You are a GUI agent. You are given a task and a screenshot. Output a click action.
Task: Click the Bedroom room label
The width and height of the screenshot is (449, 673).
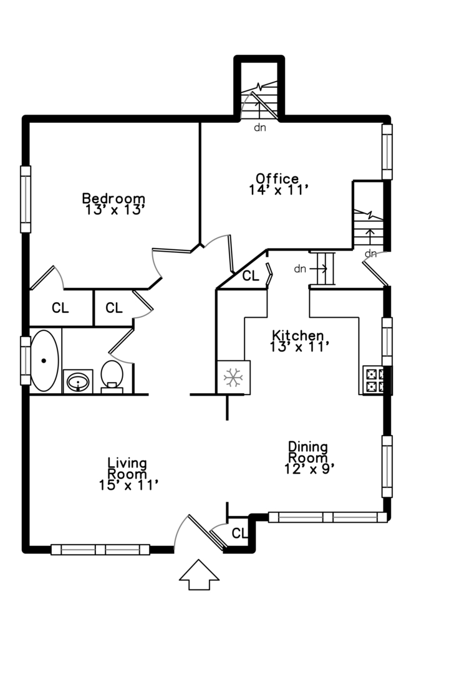pos(114,199)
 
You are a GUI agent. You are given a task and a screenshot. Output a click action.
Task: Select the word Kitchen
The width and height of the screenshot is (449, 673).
pos(298,335)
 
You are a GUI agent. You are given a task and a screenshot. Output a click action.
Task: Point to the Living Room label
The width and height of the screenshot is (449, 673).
pos(127,469)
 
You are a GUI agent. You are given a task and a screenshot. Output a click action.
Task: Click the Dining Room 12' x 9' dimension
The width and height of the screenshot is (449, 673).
pos(309,469)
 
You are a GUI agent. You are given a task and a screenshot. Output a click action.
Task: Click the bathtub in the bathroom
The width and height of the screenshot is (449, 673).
pos(44,361)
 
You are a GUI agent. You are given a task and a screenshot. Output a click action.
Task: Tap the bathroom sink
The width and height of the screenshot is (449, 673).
pos(78,381)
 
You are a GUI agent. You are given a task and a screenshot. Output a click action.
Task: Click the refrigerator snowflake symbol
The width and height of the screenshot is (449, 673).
pos(233,378)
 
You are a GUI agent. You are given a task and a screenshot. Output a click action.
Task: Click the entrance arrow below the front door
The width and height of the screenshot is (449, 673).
pos(199,575)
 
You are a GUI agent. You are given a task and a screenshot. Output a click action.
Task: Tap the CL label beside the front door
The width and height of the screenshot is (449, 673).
pos(239,533)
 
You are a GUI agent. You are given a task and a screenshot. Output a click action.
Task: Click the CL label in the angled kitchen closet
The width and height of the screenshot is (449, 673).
pos(251,276)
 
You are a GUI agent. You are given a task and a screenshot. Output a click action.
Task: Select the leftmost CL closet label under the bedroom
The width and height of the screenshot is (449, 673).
pos(60,308)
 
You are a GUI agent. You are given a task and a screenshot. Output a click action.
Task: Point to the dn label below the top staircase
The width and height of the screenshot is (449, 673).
pos(260,128)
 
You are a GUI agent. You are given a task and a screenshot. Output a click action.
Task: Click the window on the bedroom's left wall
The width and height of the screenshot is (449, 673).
pos(26,199)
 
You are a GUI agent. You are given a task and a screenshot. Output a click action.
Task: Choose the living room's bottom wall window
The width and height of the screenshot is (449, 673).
pos(100,550)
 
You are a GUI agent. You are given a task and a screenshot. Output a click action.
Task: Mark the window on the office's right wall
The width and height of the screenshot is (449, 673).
pos(387,151)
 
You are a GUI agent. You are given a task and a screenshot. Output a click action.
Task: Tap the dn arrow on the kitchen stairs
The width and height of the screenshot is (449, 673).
pos(319,269)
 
